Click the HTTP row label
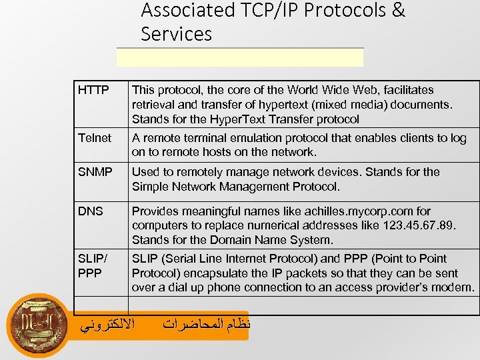click(x=93, y=90)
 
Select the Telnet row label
click(x=95, y=138)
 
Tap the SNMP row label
click(x=95, y=172)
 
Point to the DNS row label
click(x=91, y=211)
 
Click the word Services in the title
click(x=176, y=34)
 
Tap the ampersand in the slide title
click(x=399, y=10)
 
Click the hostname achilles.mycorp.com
click(x=357, y=211)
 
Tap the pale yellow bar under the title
click(x=240, y=58)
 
